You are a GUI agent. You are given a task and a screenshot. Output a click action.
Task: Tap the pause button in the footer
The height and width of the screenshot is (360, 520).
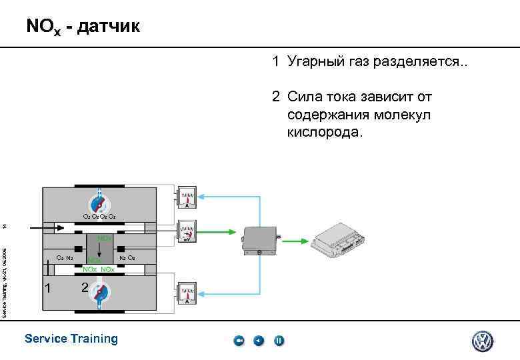pyautogui.click(x=279, y=341)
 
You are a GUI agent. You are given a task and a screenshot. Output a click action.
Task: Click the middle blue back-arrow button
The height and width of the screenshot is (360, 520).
pyautogui.click(x=259, y=341)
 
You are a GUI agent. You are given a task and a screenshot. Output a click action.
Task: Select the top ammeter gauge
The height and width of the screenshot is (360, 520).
pyautogui.click(x=187, y=198)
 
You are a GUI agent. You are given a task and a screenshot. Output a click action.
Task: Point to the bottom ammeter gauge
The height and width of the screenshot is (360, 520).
pyautogui.click(x=187, y=292)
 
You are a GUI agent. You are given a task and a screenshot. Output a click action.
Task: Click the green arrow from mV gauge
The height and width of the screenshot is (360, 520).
pyautogui.click(x=217, y=232)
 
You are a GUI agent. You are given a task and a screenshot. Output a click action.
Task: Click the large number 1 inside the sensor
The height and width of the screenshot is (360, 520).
pyautogui.click(x=47, y=288)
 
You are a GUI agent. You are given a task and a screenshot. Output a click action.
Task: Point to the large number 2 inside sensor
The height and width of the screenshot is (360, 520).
pyautogui.click(x=84, y=288)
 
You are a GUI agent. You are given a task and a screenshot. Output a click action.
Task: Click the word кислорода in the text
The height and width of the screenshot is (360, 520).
pyautogui.click(x=325, y=131)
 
